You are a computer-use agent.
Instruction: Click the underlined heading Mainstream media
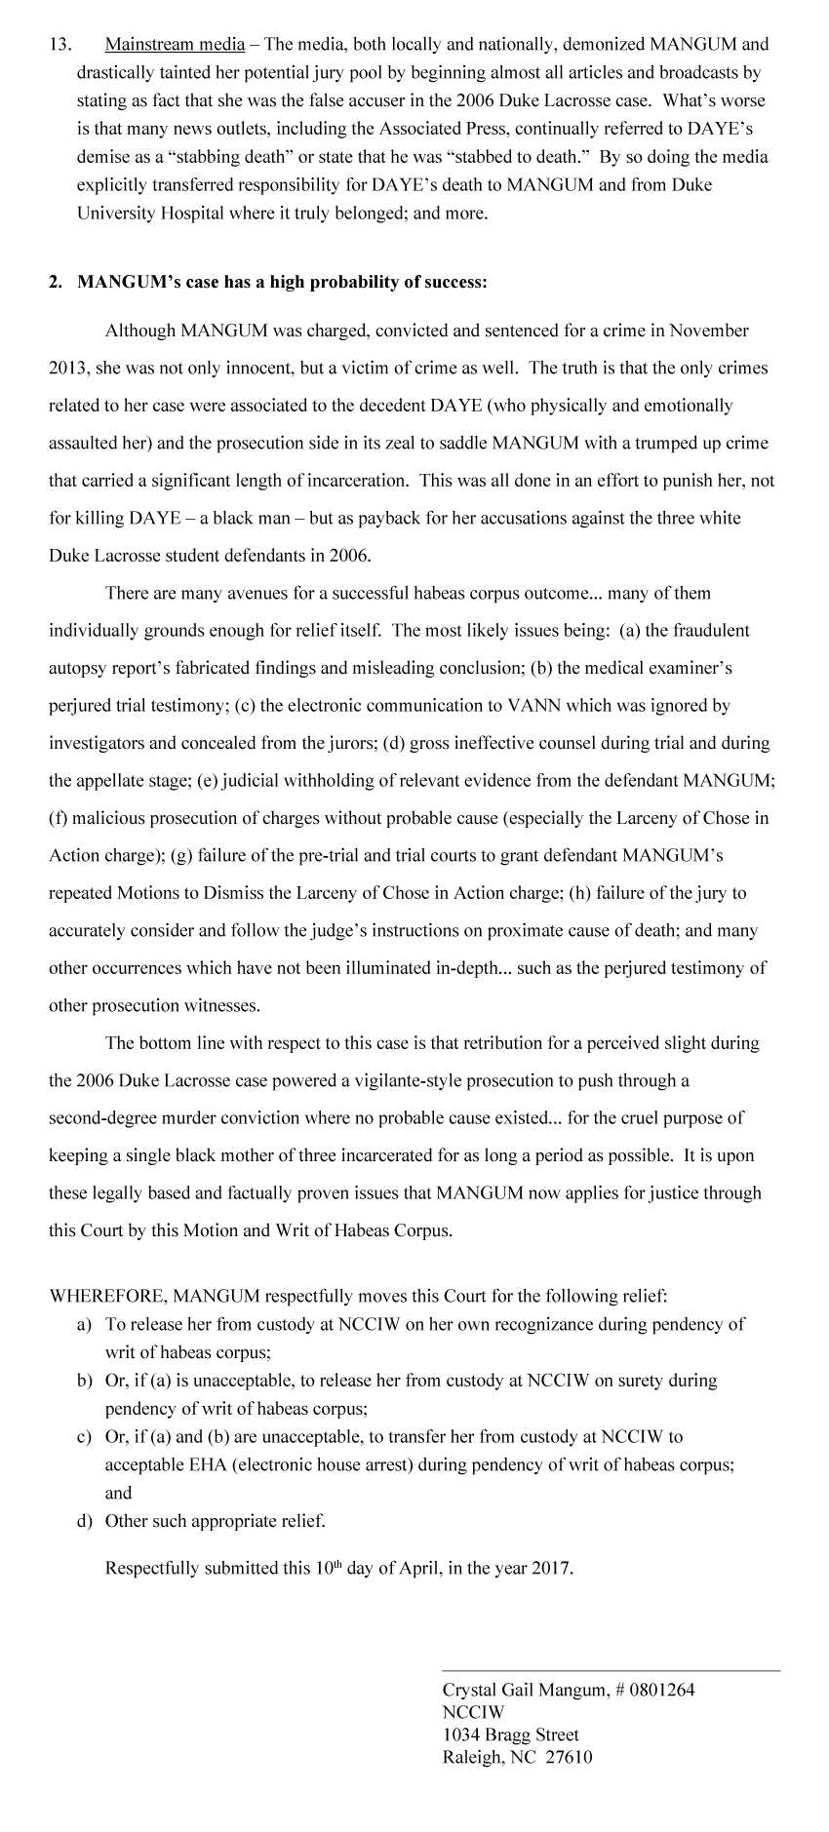click(175, 44)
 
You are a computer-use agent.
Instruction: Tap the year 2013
click(66, 369)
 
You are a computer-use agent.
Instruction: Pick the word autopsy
click(78, 668)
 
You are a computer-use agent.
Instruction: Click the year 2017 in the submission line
click(552, 1570)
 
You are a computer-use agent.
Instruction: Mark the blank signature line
click(611, 1670)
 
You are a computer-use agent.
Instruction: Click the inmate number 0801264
click(663, 1691)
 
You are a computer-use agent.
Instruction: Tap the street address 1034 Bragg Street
click(510, 1735)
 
